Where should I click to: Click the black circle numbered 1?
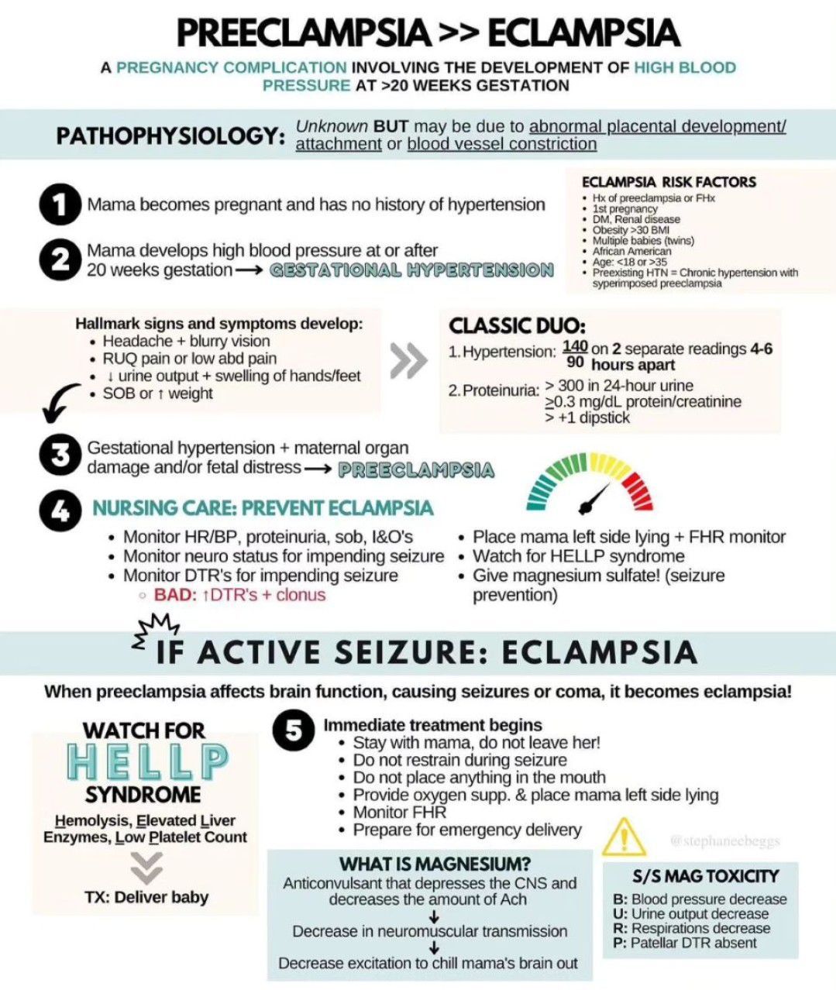click(x=60, y=205)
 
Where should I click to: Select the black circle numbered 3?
click(x=60, y=456)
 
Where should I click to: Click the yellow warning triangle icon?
click(x=624, y=836)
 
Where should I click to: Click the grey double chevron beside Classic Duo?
click(x=408, y=361)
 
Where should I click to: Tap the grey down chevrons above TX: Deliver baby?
click(x=146, y=868)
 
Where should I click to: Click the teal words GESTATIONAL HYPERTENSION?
click(x=411, y=270)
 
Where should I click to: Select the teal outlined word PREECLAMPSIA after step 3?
click(x=416, y=469)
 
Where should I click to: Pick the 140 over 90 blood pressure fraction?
click(x=575, y=354)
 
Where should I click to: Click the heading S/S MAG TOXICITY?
click(x=705, y=876)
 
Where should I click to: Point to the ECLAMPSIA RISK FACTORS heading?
click(x=669, y=182)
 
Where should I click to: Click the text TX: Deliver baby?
click(x=146, y=897)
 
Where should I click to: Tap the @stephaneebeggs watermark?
click(x=725, y=840)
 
